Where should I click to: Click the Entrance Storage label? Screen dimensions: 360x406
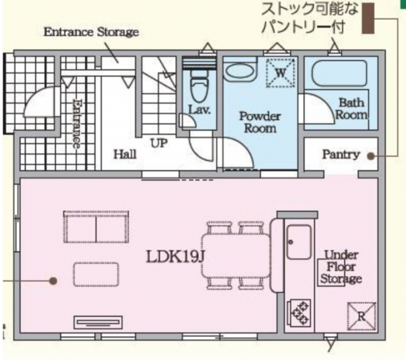90,32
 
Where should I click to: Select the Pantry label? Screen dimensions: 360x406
340,154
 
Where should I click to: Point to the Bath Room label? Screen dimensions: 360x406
352,109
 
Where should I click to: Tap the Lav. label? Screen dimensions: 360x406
199,110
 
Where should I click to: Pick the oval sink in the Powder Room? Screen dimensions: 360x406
238,71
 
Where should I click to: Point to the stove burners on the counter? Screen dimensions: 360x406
300,311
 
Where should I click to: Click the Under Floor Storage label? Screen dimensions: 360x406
341,268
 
